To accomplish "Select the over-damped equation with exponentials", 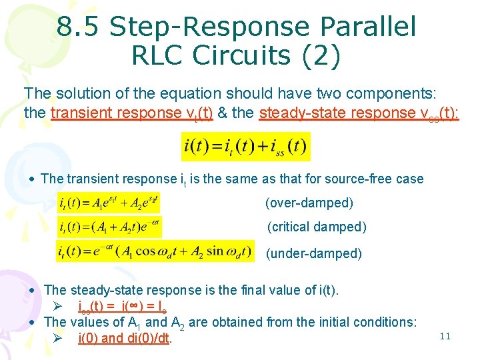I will coord(109,203).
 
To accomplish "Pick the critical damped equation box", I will coord(109,227).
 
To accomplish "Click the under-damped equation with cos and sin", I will coord(155,251).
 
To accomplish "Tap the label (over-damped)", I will coord(309,203).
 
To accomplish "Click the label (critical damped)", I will coord(317,227).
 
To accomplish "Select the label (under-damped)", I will coord(313,253).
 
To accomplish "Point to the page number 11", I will coord(445,337).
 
